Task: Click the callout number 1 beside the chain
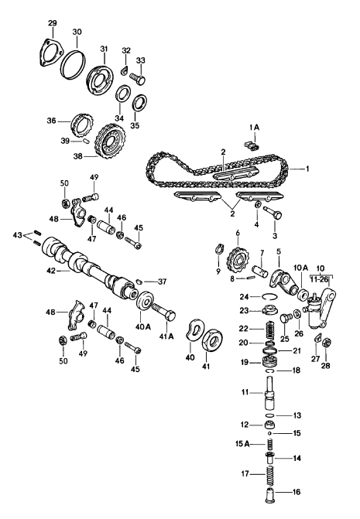tap(307, 169)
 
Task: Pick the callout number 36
tap(50, 120)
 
